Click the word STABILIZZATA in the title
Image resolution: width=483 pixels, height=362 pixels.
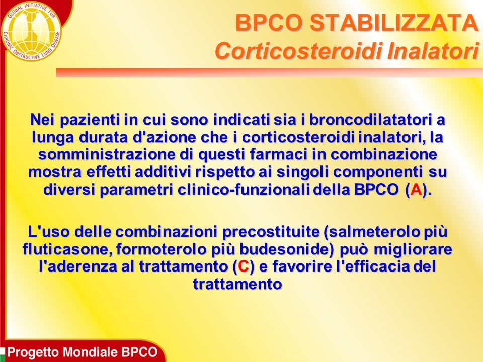394,23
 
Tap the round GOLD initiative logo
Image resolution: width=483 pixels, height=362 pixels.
31,31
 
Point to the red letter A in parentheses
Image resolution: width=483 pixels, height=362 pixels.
416,190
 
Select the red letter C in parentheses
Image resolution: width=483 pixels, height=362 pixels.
244,266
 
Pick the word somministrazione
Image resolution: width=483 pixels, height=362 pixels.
107,154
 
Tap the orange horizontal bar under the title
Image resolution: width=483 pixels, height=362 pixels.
270,72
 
